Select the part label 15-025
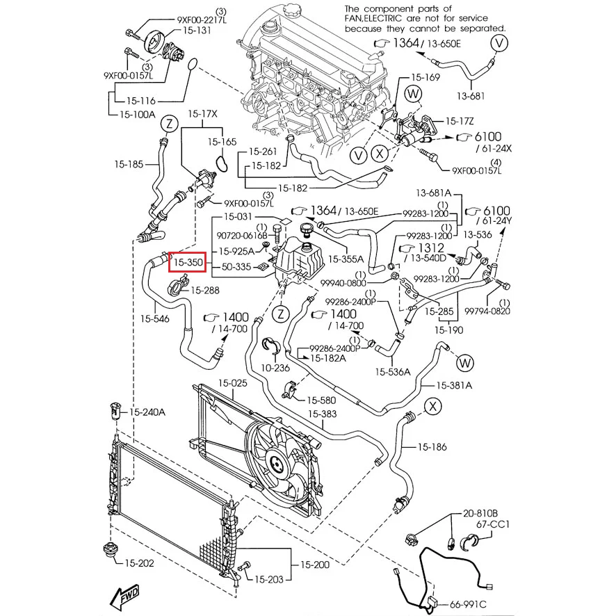[233, 383]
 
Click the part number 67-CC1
[493, 524]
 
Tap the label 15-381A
[454, 385]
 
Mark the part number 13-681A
[434, 193]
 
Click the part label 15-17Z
[460, 120]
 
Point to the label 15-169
[425, 77]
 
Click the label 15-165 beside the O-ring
[222, 141]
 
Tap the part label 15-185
[129, 165]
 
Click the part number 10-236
[276, 367]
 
